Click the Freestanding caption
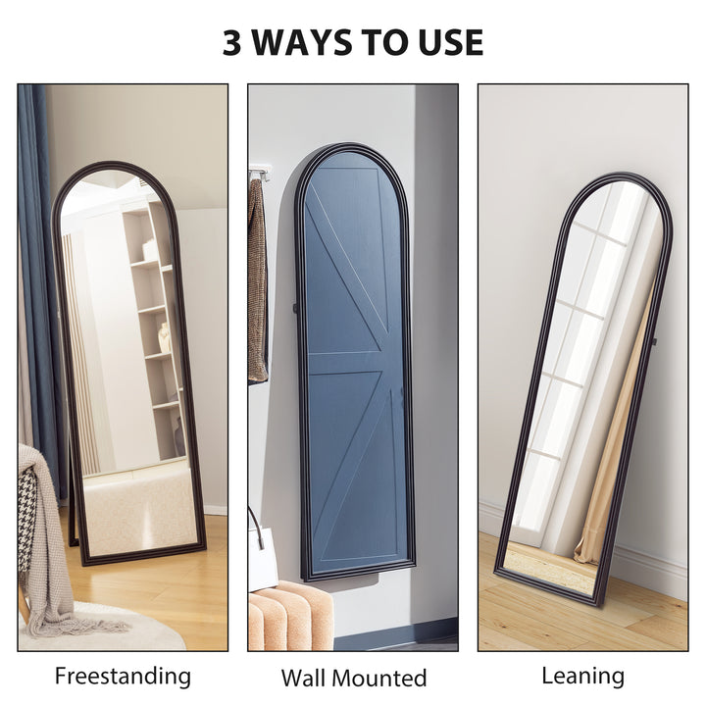point(123,676)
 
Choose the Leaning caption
point(582,676)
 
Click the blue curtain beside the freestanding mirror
point(36,245)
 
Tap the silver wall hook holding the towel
point(259,174)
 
